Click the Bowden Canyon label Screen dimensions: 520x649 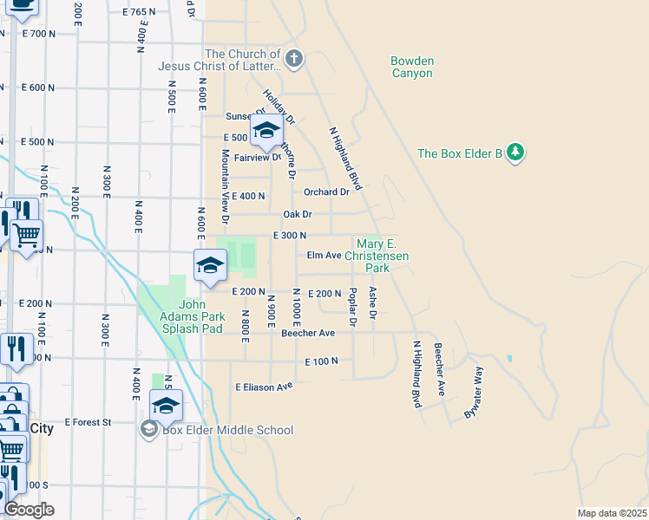click(411, 68)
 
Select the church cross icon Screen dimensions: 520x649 click(294, 59)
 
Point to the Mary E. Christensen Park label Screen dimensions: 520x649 click(377, 257)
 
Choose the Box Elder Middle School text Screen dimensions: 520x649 click(227, 430)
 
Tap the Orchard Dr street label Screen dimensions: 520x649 click(326, 192)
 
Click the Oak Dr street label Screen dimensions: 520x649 click(297, 214)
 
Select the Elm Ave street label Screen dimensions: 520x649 click(323, 256)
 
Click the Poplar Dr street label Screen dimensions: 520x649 click(352, 304)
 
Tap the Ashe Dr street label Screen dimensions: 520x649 click(372, 302)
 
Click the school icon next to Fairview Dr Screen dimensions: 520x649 click(266, 132)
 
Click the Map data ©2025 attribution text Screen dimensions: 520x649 click(612, 513)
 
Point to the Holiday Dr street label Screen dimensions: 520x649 click(280, 107)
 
